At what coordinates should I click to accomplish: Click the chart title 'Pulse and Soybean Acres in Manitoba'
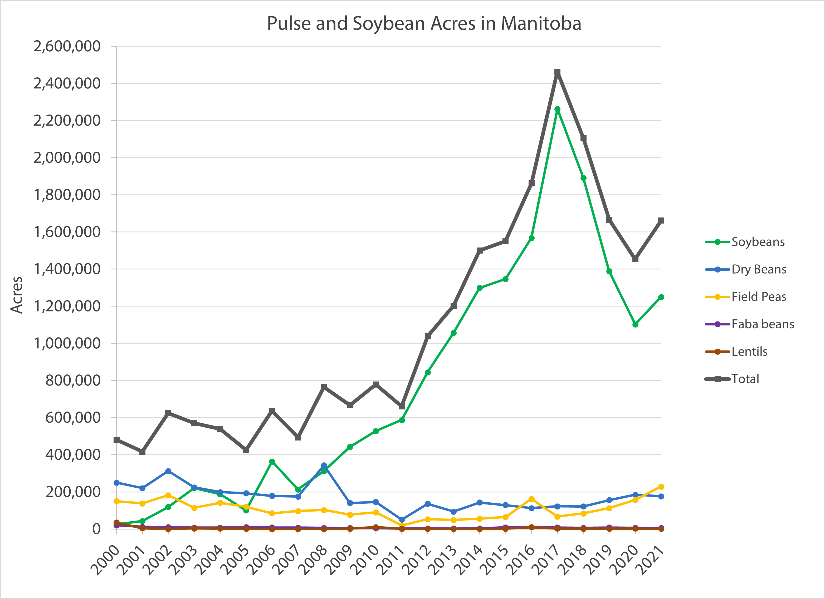[424, 24]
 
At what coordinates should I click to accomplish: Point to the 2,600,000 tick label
[67, 47]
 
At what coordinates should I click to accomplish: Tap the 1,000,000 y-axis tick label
[67, 343]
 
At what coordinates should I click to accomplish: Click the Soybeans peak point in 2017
[557, 109]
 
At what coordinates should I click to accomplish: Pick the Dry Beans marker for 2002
[168, 471]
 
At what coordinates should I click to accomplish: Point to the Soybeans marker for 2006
[272, 462]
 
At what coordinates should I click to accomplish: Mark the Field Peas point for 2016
[531, 499]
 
